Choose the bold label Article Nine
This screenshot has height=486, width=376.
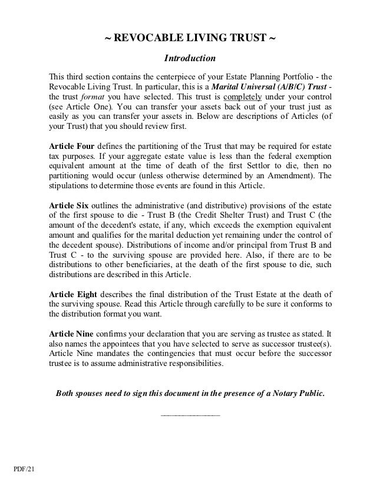[69, 332]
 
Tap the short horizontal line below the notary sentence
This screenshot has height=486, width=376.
[190, 416]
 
